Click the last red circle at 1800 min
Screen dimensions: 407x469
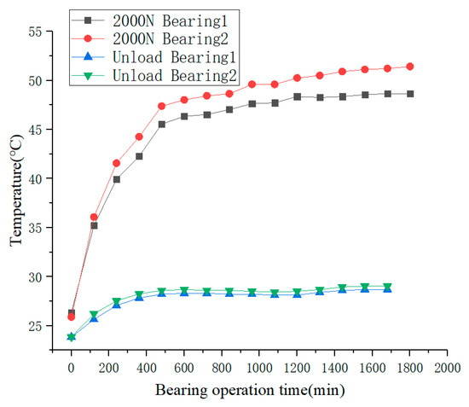pos(409,67)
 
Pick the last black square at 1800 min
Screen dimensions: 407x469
pos(409,94)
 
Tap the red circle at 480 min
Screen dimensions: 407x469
pos(162,106)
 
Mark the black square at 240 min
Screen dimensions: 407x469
pos(117,179)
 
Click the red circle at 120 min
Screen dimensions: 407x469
pos(94,217)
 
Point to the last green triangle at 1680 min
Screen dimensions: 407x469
pos(387,287)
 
